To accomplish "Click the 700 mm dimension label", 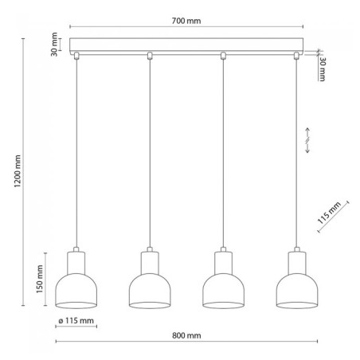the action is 186,21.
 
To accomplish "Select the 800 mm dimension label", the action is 186,335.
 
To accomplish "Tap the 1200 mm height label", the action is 18,171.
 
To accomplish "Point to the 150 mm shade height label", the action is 40,279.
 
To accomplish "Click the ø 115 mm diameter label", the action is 76,321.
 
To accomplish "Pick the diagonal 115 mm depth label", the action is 329,213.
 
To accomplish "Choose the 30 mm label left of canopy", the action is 54,45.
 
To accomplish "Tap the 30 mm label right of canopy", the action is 322,69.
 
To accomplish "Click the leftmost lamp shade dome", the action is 76,288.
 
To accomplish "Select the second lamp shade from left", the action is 150,288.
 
